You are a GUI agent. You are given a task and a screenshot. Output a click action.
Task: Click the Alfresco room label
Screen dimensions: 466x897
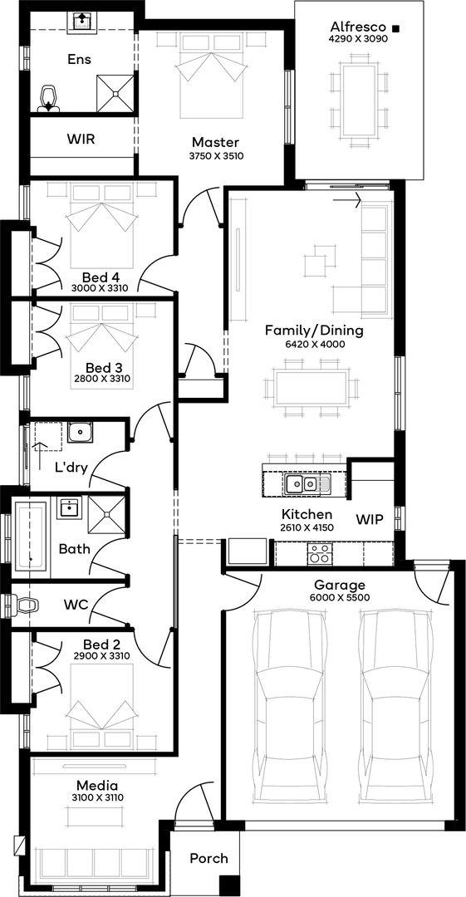point(361,27)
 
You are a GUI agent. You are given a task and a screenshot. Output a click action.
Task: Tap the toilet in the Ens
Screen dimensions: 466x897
point(49,99)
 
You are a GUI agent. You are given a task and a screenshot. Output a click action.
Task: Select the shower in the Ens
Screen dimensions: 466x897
point(117,93)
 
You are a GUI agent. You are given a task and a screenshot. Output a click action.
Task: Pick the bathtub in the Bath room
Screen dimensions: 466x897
point(32,536)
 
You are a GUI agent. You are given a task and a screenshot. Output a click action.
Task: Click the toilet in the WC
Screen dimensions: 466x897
point(24,603)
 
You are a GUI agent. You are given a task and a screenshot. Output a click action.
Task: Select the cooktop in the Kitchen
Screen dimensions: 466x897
point(320,553)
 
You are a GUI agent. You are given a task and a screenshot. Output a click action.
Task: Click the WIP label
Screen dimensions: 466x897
point(370,520)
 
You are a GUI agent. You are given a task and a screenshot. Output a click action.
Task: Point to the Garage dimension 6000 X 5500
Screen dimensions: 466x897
point(339,597)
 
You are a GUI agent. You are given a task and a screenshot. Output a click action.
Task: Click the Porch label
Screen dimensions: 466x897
point(209,858)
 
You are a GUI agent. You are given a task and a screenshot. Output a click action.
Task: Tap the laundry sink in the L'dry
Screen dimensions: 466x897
point(80,433)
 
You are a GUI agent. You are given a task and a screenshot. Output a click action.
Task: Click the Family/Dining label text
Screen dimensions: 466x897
point(314,331)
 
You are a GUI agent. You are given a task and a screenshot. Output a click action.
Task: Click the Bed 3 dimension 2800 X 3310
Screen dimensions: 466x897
point(103,378)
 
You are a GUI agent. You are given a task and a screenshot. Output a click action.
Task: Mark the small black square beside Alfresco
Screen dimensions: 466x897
point(395,27)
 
